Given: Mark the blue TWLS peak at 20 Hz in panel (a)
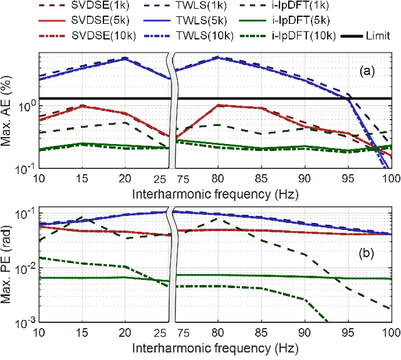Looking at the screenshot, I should tap(125, 58).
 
